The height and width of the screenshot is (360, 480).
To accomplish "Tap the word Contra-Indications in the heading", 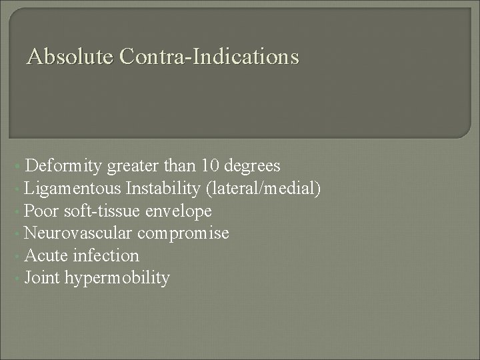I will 209,57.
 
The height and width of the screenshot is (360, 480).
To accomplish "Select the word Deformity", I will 63,165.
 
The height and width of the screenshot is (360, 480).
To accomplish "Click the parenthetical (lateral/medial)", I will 264,189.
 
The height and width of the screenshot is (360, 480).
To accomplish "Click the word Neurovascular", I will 79,233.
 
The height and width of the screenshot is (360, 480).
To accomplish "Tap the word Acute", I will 44,255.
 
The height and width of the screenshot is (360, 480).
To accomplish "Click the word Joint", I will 42,277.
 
